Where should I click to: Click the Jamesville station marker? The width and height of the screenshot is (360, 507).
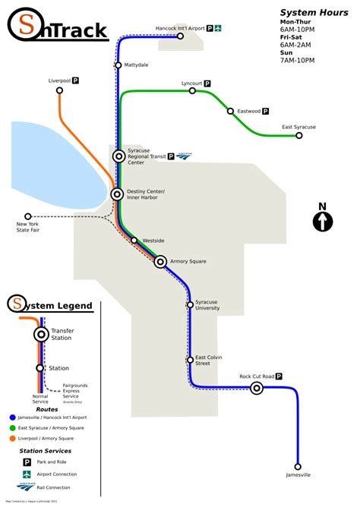pyautogui.click(x=298, y=468)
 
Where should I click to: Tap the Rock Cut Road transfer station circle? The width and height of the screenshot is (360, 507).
pyautogui.click(x=257, y=389)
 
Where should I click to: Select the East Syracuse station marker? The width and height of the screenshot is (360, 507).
pyautogui.click(x=299, y=136)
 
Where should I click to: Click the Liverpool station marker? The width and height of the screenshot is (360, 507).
pyautogui.click(x=59, y=90)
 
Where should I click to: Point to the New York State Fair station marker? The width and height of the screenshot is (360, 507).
pyautogui.click(x=28, y=216)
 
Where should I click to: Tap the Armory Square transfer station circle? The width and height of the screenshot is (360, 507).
pyautogui.click(x=160, y=262)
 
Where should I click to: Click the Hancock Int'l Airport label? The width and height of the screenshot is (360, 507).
pyautogui.click(x=181, y=28)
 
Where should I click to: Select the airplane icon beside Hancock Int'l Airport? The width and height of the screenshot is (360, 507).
pyautogui.click(x=217, y=28)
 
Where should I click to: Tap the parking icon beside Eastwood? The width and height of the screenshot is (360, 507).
pyautogui.click(x=268, y=111)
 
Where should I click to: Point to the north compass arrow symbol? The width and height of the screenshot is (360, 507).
pyautogui.click(x=322, y=221)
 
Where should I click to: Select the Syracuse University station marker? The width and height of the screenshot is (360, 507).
pyautogui.click(x=190, y=304)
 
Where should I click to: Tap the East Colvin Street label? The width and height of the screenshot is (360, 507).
pyautogui.click(x=213, y=360)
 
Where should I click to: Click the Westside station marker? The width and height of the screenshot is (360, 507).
pyautogui.click(x=134, y=241)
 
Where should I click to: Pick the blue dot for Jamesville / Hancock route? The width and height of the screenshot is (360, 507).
pyautogui.click(x=12, y=417)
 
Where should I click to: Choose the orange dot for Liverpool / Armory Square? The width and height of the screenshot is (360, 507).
pyautogui.click(x=12, y=438)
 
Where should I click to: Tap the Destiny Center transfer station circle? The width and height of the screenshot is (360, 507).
pyautogui.click(x=117, y=194)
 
